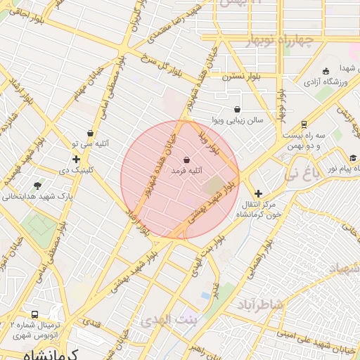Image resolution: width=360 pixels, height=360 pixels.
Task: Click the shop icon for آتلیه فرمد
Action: tap(186, 159)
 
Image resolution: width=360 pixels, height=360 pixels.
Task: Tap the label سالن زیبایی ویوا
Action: tap(239, 120)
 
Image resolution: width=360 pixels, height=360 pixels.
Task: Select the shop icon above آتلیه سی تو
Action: tap(90, 134)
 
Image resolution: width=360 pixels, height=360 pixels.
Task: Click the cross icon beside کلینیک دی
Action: tap(76, 160)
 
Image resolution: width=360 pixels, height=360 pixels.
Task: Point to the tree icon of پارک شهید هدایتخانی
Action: tap(37, 186)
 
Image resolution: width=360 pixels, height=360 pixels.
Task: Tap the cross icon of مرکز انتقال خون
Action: tap(258, 193)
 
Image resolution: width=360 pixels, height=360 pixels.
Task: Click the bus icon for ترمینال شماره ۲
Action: tap(34, 314)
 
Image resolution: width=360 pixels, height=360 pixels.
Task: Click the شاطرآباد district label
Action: tap(259, 304)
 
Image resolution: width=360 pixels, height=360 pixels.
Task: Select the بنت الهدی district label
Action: tap(170, 321)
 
